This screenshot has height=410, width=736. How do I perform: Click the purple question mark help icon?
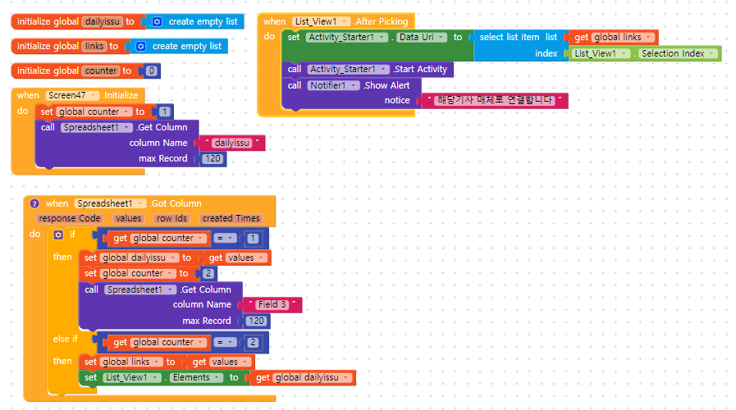coord(34,203)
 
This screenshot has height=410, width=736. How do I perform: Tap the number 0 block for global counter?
coord(151,71)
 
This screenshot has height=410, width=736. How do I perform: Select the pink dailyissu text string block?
coord(232,143)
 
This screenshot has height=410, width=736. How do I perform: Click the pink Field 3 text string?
coord(272,304)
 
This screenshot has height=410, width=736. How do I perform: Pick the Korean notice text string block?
coord(495,100)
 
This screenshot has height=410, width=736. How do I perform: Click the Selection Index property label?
coord(673,53)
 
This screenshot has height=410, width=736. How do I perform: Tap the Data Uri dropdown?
coord(422,37)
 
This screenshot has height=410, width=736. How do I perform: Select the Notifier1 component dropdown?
coord(334,85)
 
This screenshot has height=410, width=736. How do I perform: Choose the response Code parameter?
coord(70,219)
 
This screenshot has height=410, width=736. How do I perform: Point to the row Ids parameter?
coord(171,219)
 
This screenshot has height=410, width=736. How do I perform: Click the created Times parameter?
coord(231,219)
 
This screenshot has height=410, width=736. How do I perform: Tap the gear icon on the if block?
coord(58,235)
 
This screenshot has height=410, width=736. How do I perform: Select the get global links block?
coord(613,37)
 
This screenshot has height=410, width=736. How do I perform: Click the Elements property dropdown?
coord(196,378)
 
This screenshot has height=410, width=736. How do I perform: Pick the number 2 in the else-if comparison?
coord(253,343)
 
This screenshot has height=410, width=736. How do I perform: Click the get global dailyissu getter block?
coord(303,378)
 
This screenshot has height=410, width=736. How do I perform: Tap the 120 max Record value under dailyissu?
coord(213,158)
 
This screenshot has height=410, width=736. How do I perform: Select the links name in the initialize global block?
coord(94,47)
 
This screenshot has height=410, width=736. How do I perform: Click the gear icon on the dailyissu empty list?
coord(158,21)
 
